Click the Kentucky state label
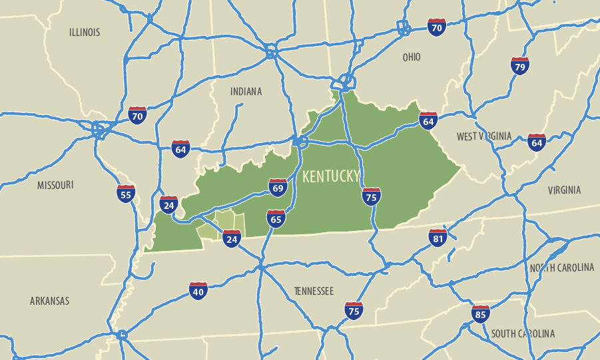tap(331, 176)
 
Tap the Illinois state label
tap(85, 32)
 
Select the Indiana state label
tap(246, 91)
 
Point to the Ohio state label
tap(412, 57)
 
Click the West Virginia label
tap(484, 136)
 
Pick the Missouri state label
tap(55, 185)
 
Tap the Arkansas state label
tap(49, 301)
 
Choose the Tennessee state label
tap(314, 291)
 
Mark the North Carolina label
tap(561, 268)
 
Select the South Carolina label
tap(523, 333)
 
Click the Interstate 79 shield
tap(520, 66)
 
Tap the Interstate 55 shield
tap(125, 194)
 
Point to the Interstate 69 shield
tap(278, 188)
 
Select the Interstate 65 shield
tap(276, 218)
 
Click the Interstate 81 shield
tap(438, 238)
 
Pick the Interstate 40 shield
tap(198, 290)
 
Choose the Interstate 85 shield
tap(480, 314)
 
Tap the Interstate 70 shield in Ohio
tap(437, 27)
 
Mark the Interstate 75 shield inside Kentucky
tap(372, 196)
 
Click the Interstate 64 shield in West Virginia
tap(536, 142)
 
